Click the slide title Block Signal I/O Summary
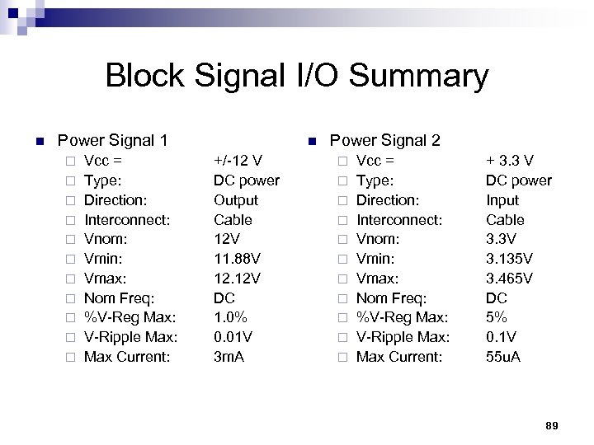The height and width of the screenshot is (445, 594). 297,77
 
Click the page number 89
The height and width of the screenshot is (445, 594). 552,425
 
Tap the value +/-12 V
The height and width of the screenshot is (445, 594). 238,161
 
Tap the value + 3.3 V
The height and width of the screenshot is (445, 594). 510,161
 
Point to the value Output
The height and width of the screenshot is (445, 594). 236,200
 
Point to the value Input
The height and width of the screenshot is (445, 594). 502,200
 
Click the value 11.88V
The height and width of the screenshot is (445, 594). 238,259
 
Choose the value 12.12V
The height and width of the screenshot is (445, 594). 238,279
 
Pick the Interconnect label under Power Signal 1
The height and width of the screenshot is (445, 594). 128,220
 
